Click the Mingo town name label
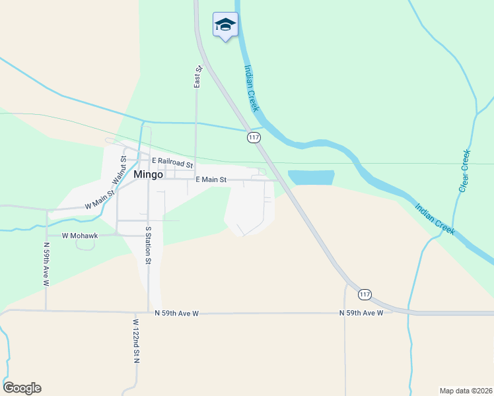[x=148, y=176]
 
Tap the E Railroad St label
[x=172, y=162]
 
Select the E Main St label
[x=211, y=180]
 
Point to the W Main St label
[x=100, y=201]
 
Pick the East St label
[x=197, y=77]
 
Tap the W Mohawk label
[x=80, y=235]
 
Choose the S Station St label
[x=149, y=244]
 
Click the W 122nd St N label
[x=135, y=341]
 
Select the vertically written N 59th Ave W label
[x=46, y=264]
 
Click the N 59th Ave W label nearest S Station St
[x=176, y=313]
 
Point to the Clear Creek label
[x=464, y=171]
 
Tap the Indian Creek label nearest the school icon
[x=252, y=87]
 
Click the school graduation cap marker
[x=225, y=24]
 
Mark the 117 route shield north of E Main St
[x=254, y=137]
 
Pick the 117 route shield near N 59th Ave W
[x=365, y=294]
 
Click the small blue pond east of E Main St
[x=310, y=178]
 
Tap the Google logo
[x=22, y=388]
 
